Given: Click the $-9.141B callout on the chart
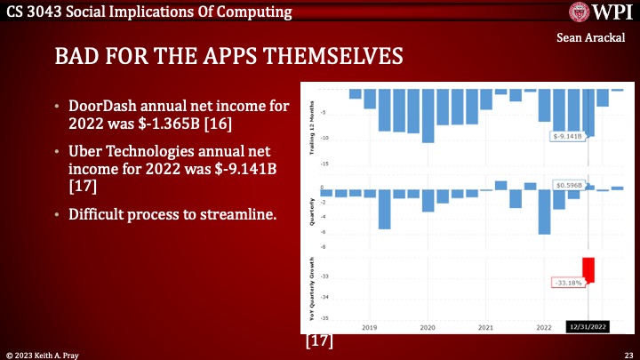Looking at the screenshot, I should pos(566,136).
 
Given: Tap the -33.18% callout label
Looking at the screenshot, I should pos(566,283).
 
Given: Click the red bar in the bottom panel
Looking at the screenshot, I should pos(588,269).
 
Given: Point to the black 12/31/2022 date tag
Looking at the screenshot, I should pos(588,326).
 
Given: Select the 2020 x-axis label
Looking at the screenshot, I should pos(427,327).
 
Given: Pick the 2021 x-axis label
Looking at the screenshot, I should pos(485,327).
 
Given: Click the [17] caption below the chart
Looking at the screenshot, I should pos(320,340).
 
